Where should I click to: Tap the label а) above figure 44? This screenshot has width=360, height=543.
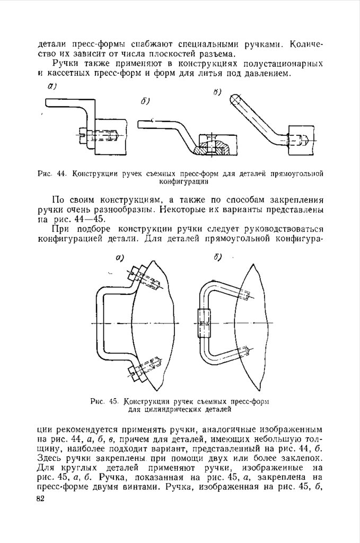tap(52, 86)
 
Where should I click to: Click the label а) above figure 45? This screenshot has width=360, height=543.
tap(120, 258)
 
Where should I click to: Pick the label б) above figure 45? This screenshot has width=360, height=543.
tap(217, 258)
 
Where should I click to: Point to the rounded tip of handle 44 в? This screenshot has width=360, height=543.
tap(235, 98)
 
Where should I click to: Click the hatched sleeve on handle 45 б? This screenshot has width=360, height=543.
tap(205, 323)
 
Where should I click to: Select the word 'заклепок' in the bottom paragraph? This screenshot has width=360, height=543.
tap(299, 458)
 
